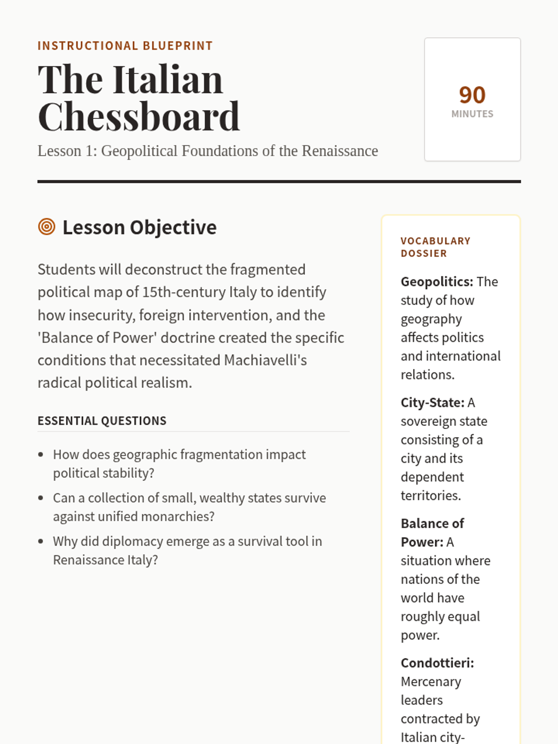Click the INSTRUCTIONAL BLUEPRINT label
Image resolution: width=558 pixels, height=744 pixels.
point(125,46)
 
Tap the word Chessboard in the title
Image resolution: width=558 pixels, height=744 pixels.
point(139,117)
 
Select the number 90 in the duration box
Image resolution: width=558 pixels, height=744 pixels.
point(472,95)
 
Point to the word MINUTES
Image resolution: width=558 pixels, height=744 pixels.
point(472,114)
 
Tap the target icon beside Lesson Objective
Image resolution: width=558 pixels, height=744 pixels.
point(46,227)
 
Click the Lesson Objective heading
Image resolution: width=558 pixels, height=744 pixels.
point(139,227)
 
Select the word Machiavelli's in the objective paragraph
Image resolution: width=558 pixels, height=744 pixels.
point(265,360)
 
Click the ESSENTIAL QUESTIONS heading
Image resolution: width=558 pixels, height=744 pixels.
point(102,421)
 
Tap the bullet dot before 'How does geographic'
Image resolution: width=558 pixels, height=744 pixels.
point(41,455)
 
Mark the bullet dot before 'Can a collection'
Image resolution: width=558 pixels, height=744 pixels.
point(41,498)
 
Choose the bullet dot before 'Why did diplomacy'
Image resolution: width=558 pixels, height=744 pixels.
point(41,542)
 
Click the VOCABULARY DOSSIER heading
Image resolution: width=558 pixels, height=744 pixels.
point(435,247)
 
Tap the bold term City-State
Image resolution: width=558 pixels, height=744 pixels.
point(432,403)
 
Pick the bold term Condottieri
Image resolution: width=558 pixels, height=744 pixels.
point(437,663)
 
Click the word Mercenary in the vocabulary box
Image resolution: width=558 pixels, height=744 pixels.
point(431,682)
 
